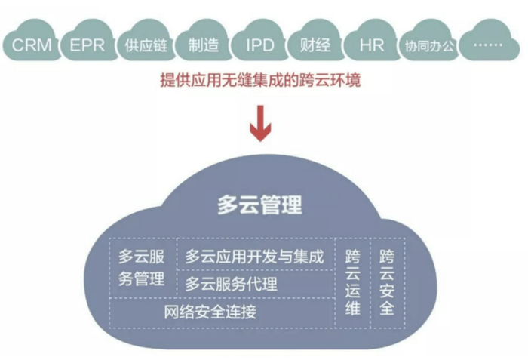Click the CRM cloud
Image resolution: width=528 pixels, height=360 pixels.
(32, 45)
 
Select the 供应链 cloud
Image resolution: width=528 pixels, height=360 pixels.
(145, 45)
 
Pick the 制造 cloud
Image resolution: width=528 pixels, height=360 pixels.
(201, 45)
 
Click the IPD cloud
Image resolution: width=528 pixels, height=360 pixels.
(259, 45)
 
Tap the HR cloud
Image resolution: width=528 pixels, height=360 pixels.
(372, 45)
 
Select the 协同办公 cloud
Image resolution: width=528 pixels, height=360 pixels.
(429, 45)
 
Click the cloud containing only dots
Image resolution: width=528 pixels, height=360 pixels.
(490, 45)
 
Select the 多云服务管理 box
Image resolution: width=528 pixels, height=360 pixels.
(142, 268)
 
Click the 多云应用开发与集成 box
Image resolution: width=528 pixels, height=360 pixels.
(254, 257)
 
